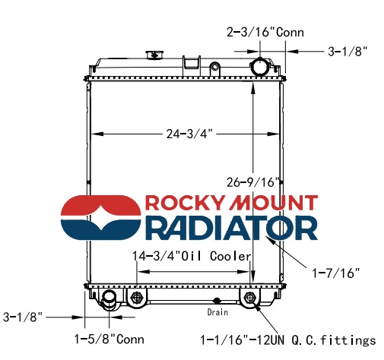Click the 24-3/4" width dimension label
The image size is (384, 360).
coord(189,134)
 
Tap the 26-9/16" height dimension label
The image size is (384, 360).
coord(252,182)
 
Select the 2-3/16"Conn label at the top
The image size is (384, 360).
coord(265,33)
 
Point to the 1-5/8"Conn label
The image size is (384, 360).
coord(109,339)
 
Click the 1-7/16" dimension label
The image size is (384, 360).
coord(335,273)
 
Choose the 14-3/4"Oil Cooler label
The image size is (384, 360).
coord(192,256)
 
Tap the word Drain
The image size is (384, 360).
coord(217,312)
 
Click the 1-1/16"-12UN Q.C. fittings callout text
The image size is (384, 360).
coord(288,340)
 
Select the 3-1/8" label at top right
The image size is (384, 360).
coord(348,52)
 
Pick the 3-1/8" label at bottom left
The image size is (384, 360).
coord(23,317)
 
